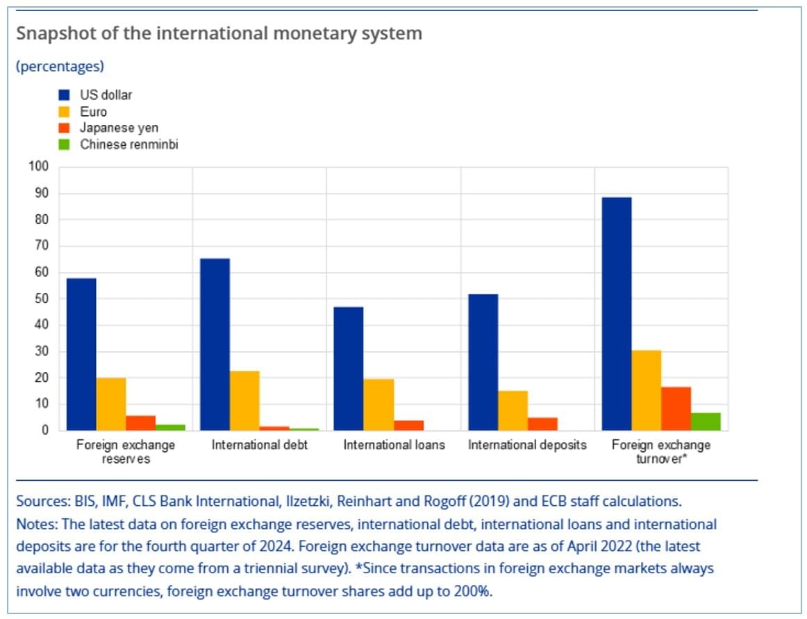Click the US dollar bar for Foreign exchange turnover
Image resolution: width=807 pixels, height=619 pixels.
coord(617,314)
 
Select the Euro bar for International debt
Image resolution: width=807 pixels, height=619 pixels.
coord(244,400)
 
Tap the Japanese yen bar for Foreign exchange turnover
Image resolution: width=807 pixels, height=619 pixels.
coord(676,409)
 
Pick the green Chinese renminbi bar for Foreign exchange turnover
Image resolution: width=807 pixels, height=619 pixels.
coord(706,421)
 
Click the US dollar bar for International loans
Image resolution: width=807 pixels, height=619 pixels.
coord(349,368)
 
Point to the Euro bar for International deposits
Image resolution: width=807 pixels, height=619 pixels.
coord(513,410)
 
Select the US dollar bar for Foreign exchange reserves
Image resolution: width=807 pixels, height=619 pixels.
coord(81,354)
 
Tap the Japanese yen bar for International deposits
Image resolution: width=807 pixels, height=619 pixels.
coord(542,423)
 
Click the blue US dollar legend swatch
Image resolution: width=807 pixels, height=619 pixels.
coord(65,95)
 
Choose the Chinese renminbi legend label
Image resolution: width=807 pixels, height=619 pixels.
coord(129,144)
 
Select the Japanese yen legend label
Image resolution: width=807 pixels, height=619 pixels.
coord(119,128)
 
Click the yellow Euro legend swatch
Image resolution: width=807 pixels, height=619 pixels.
coord(65,112)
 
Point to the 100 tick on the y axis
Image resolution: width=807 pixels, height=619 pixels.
coord(39,167)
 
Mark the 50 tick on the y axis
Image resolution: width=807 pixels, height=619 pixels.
coord(42,298)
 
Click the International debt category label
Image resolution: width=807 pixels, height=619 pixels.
coord(259,445)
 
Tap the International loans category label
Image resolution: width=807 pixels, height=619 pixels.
coord(394,445)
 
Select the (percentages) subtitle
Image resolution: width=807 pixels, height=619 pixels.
coord(60,67)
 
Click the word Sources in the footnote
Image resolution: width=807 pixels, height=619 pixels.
coord(40,501)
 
